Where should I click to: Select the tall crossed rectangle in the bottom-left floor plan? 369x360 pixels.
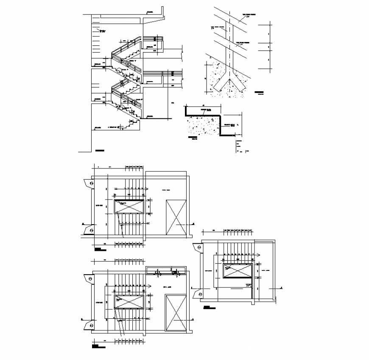176,314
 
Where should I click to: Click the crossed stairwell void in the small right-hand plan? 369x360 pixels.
238,271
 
